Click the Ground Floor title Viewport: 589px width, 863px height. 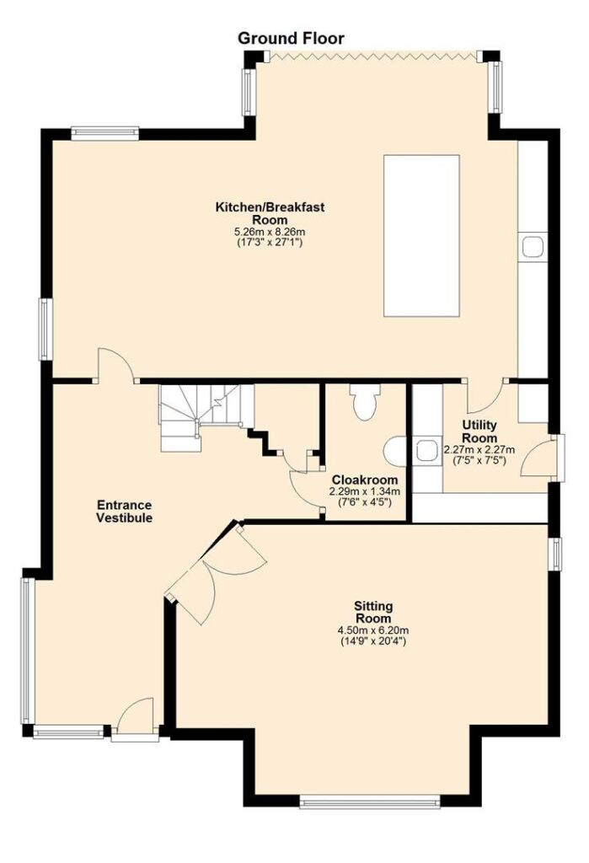point(291,39)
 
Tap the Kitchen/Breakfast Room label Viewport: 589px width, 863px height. point(270,213)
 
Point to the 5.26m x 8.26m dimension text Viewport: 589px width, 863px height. point(270,233)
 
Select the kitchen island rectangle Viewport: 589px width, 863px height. point(421,236)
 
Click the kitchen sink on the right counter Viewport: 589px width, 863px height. point(533,247)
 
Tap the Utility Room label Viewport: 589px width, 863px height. point(479,431)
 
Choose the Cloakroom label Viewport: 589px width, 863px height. point(364,480)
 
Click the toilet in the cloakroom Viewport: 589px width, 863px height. point(364,402)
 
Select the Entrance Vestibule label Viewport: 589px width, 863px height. point(125,512)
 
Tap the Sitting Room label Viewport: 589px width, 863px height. point(373,612)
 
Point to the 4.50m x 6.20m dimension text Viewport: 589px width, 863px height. point(373,630)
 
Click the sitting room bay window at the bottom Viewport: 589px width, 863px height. point(370,802)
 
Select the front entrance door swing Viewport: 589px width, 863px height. point(134,716)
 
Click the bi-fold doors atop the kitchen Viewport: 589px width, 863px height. point(373,55)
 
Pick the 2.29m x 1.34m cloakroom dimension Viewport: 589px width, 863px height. point(364,491)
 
